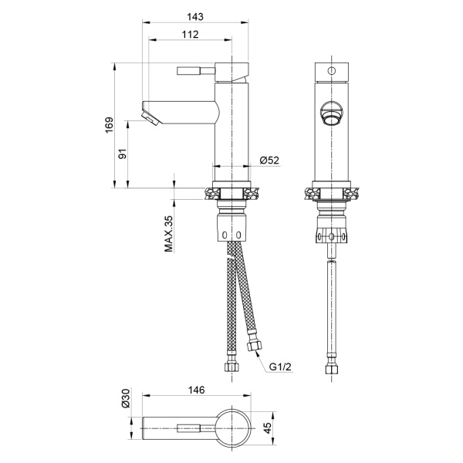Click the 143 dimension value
[195, 16]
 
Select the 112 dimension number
[190, 35]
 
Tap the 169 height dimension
[110, 125]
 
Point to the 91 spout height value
[123, 154]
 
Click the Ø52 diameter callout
[269, 161]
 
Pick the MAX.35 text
[168, 234]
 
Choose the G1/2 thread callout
[280, 367]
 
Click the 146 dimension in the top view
[196, 390]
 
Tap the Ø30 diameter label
[126, 398]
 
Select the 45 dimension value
[267, 428]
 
